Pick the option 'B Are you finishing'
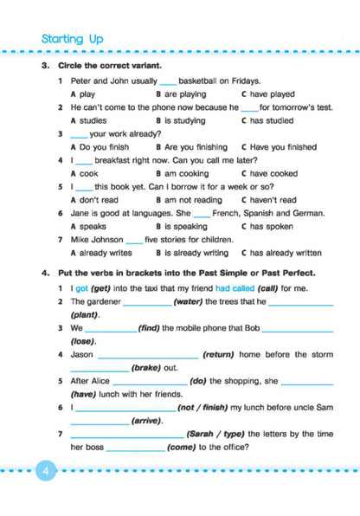[x=190, y=147]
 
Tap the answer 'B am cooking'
[x=182, y=173]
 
